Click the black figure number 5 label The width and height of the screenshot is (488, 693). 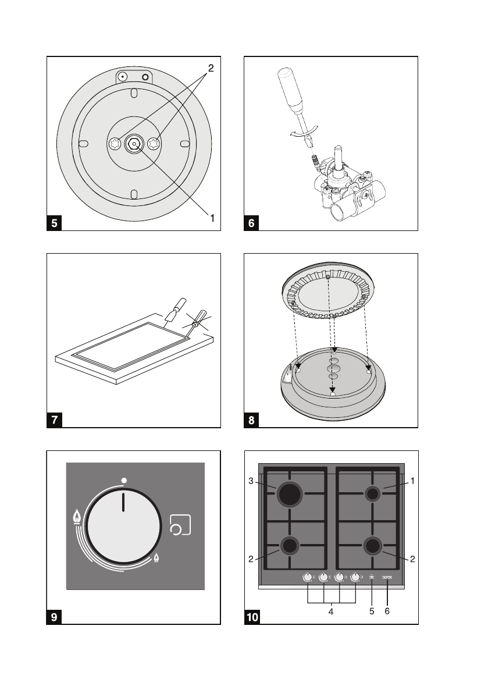pos(54,223)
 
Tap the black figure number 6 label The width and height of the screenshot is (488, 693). pos(251,223)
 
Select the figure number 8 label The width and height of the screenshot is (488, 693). pos(251,421)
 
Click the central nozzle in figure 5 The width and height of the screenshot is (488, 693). pos(134,144)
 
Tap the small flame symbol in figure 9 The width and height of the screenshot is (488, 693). pos(156,559)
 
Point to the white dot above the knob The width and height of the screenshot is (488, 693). pos(124,480)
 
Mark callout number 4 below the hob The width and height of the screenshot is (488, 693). pos(332,612)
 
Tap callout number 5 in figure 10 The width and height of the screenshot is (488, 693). pos(371,612)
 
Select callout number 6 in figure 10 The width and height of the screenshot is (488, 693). pos(387,612)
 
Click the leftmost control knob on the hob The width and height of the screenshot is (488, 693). pos(307,577)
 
